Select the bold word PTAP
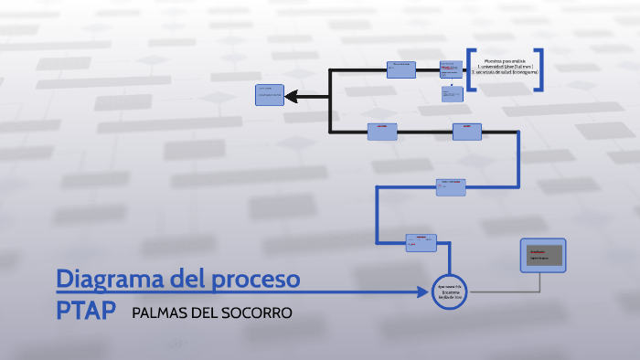[x=85, y=311]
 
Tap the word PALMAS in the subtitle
[x=159, y=312]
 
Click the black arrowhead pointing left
[x=293, y=95]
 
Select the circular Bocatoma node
[x=449, y=291]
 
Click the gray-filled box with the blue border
[x=543, y=257]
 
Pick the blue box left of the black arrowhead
[x=270, y=94]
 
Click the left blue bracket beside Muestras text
[x=470, y=69]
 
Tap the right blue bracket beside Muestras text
[x=540, y=69]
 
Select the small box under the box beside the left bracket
[x=448, y=93]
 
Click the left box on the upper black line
[x=400, y=69]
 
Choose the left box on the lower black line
[x=382, y=132]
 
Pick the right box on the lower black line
[x=467, y=132]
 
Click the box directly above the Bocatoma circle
[x=421, y=241]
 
